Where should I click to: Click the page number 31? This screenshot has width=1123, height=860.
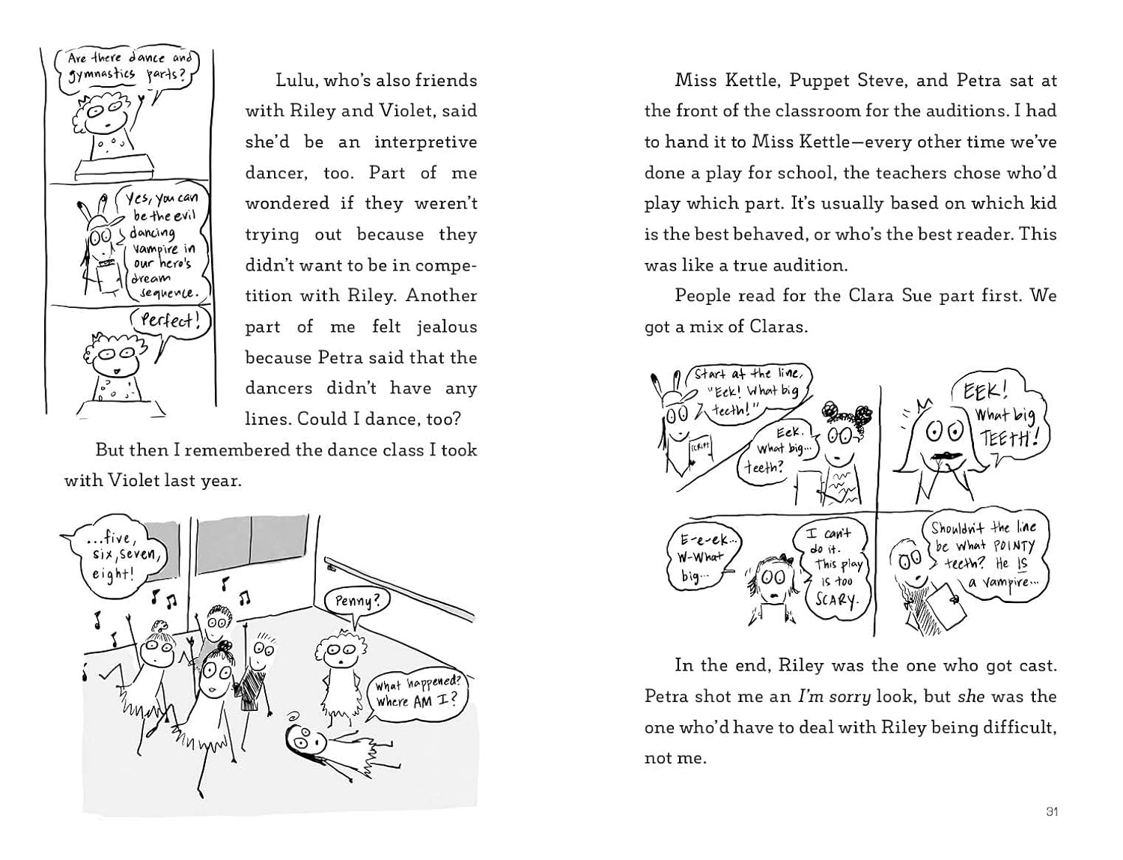tap(1051, 811)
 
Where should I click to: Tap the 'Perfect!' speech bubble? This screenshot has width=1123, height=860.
tap(170, 321)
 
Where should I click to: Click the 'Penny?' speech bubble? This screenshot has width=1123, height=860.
tap(352, 600)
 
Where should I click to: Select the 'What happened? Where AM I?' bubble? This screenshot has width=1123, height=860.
tap(418, 693)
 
